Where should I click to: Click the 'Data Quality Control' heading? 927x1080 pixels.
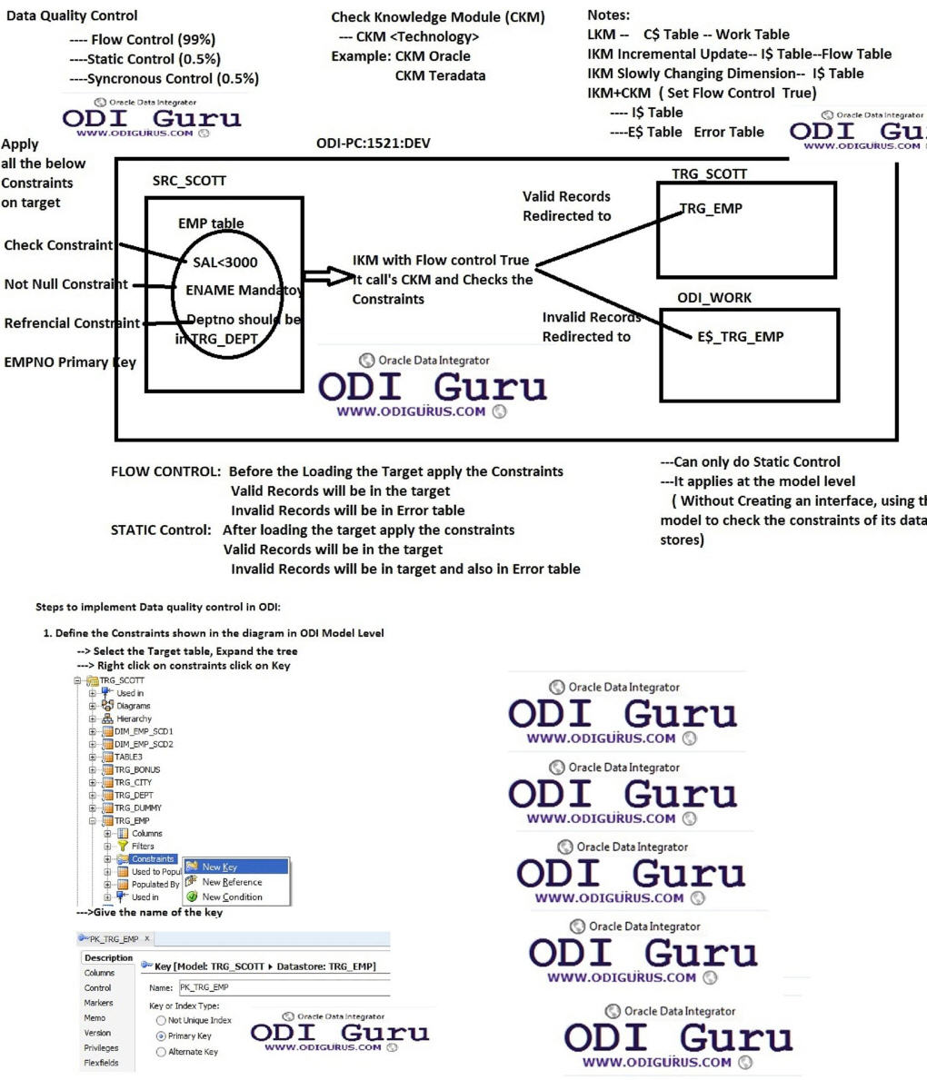(x=71, y=15)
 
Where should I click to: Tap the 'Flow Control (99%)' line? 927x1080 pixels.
(x=143, y=39)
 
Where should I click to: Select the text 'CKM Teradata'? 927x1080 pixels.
(x=440, y=75)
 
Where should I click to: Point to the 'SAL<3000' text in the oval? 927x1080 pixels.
(x=224, y=262)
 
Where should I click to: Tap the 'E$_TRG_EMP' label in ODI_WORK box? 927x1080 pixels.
(x=741, y=336)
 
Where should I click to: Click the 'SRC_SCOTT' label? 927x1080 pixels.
(x=189, y=181)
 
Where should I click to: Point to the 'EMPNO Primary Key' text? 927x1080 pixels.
(x=70, y=362)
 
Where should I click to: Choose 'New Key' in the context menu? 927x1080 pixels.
(x=220, y=867)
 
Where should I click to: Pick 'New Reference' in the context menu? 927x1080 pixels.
(x=232, y=882)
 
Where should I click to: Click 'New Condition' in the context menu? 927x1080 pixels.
(x=232, y=897)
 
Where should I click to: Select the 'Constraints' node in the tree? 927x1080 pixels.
(x=152, y=858)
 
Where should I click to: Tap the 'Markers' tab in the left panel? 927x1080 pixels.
(x=98, y=1003)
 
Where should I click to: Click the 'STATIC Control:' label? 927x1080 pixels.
(x=162, y=530)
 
